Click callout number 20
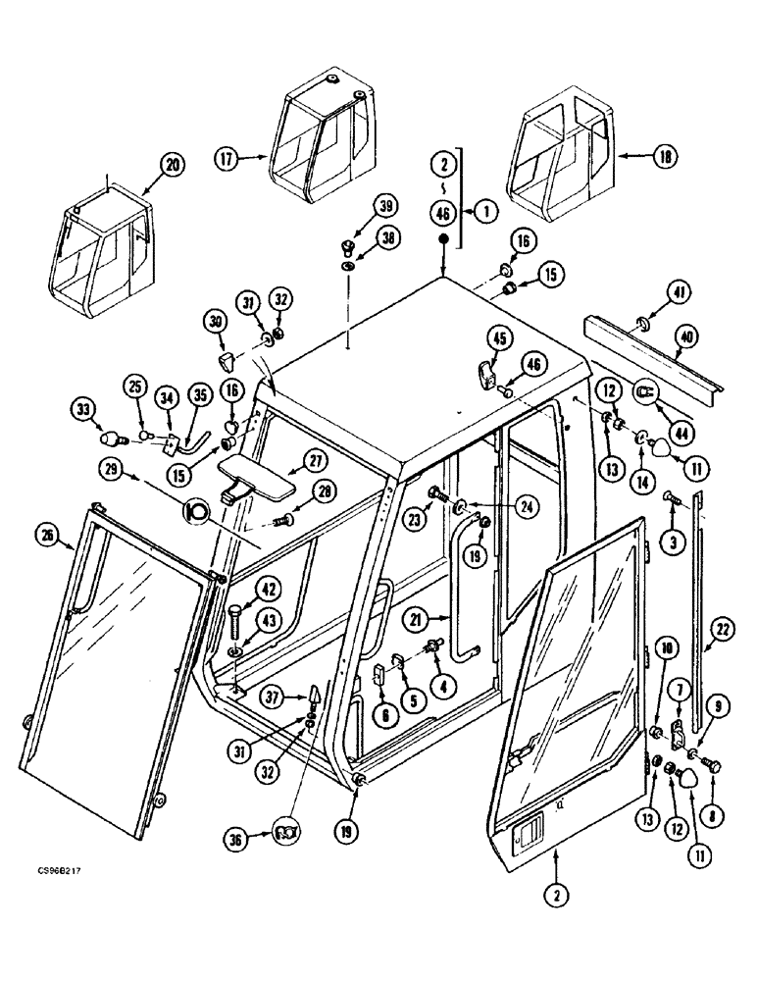173,166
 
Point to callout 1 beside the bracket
482,209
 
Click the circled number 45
499,338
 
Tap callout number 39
385,205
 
